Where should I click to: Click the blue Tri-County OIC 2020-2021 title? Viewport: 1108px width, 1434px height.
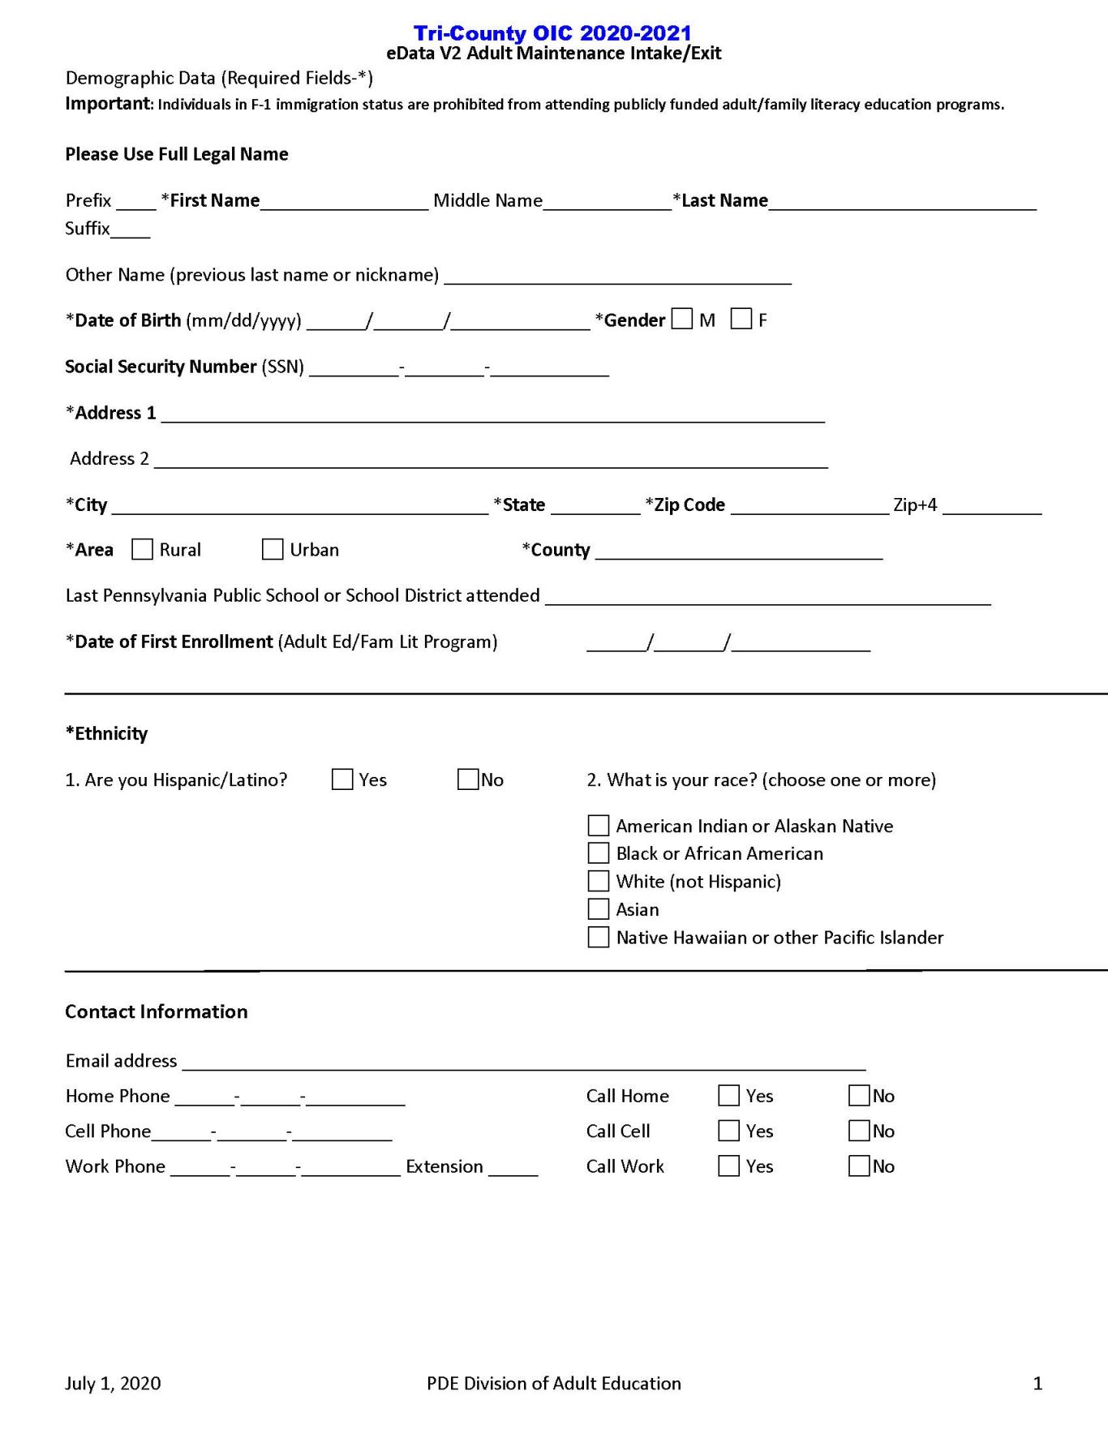click(552, 33)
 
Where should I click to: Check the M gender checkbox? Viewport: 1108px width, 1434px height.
click(682, 319)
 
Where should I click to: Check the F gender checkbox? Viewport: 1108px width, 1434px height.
click(741, 319)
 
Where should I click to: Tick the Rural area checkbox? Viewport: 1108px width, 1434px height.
click(142, 549)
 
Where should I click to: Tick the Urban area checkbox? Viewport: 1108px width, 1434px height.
click(273, 549)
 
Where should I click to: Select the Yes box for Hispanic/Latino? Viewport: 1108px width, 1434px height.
click(342, 779)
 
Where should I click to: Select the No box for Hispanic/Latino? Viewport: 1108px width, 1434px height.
click(468, 779)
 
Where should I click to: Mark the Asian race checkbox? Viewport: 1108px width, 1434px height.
click(598, 909)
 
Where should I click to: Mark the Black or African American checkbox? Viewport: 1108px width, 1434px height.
click(598, 853)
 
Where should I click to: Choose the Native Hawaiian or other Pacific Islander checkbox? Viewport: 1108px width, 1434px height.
click(598, 938)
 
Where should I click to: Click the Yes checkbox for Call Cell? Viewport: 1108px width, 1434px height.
click(728, 1131)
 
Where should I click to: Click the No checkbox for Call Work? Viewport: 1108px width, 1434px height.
click(859, 1166)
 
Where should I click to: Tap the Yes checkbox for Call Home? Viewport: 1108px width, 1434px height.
click(728, 1096)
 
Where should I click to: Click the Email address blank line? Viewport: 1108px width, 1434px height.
click(524, 1063)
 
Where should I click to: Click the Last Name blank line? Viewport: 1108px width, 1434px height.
click(902, 203)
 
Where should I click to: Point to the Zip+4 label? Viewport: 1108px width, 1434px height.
click(915, 505)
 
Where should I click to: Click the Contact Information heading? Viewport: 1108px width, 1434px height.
click(157, 1011)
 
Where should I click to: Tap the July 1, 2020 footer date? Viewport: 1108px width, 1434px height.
click(113, 1384)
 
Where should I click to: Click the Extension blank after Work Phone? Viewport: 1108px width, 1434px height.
click(513, 1169)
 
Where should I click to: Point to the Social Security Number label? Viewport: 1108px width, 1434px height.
click(161, 367)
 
